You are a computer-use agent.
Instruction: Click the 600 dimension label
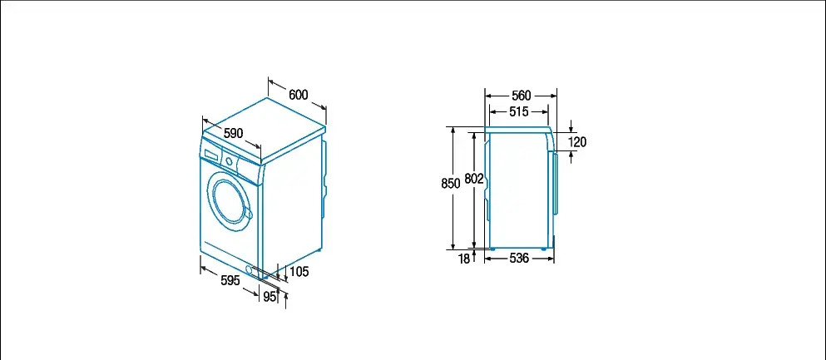[298, 95]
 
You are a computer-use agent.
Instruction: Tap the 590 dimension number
[234, 133]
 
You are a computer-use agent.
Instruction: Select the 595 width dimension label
[230, 280]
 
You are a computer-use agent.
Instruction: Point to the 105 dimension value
[299, 272]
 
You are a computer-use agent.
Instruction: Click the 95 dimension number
[270, 297]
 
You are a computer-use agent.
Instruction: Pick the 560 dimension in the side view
[521, 96]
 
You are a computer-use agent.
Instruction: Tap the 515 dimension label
[519, 111]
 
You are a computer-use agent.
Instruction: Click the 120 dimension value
[577, 142]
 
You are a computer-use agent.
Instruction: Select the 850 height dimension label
[451, 183]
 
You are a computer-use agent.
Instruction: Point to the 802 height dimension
[474, 180]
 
